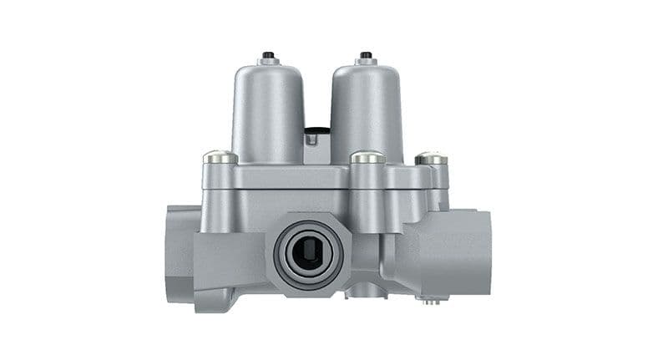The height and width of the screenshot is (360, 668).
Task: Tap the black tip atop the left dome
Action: click(x=267, y=55)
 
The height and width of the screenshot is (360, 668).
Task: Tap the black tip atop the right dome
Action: click(x=365, y=55)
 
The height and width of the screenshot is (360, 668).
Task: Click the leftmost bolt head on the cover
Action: click(x=220, y=157)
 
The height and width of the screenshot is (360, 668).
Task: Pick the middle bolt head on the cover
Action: click(x=367, y=157)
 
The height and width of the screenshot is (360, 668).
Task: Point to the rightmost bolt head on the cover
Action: click(x=431, y=157)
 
